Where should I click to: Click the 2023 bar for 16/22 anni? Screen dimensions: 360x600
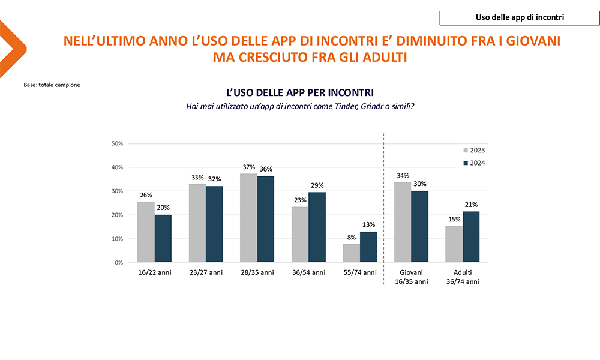tap(146, 232)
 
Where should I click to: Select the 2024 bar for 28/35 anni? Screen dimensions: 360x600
tap(266, 219)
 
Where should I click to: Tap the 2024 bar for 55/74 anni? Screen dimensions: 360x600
tap(368, 247)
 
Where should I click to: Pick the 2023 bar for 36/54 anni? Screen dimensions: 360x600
tap(300, 235)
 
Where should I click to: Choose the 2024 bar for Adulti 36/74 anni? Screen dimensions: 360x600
tap(472, 237)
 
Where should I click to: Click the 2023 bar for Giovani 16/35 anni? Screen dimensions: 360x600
tap(403, 222)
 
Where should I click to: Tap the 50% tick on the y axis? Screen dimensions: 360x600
tap(118, 143)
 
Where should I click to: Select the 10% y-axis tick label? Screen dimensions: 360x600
tap(118, 239)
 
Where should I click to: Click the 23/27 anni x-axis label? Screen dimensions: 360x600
tap(206, 272)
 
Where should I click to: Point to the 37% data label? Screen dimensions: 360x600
tap(249, 167)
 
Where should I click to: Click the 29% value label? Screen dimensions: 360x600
tap(317, 185)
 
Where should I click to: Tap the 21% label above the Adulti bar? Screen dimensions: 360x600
tap(472, 205)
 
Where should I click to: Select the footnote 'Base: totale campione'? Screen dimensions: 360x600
tap(52, 85)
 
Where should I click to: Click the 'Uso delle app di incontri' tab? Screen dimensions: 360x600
tap(520, 17)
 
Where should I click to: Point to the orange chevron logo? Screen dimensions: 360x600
tap(12, 48)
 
